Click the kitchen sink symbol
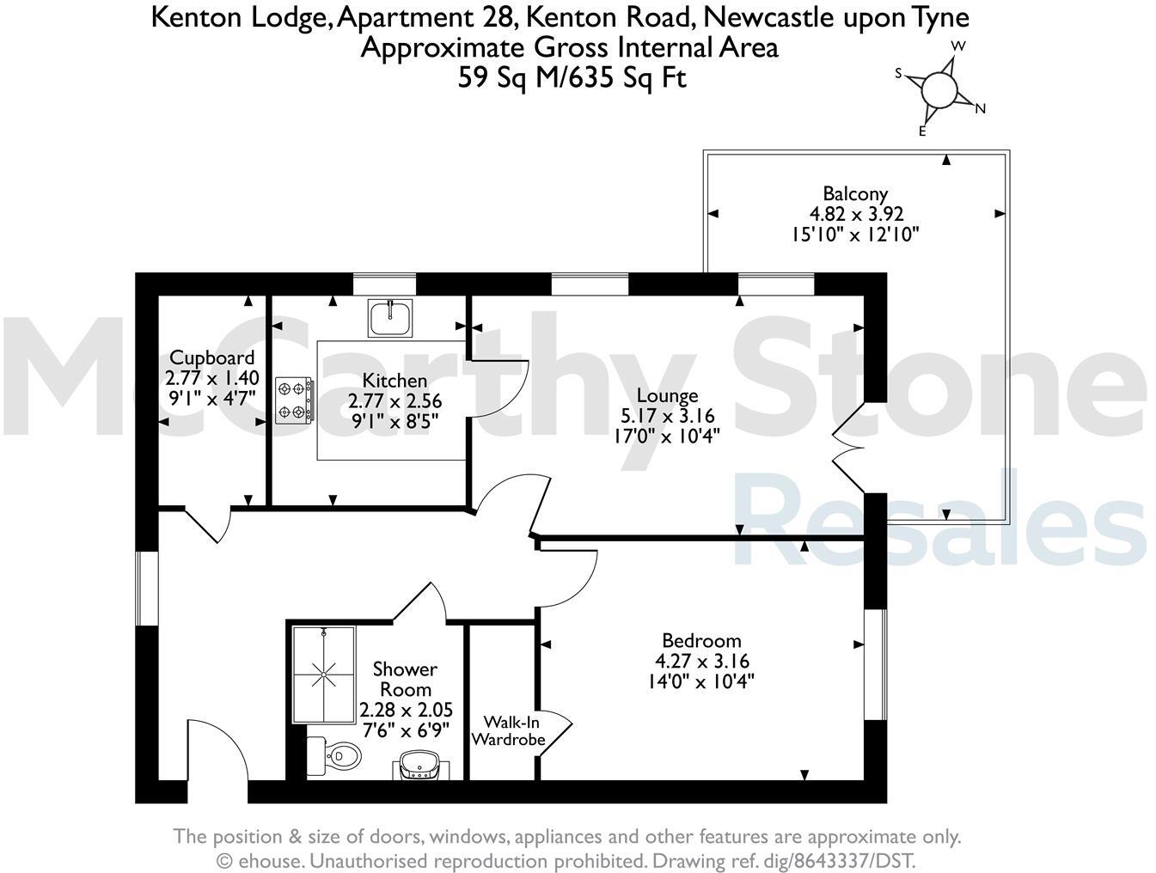(391, 317)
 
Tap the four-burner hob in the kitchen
(294, 401)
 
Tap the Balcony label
(854, 193)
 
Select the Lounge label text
(667, 395)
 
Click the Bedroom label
(701, 640)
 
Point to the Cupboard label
(211, 357)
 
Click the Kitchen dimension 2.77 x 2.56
(395, 401)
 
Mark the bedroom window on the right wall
(875, 664)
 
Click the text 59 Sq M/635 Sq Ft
(572, 78)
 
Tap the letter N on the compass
(980, 108)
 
